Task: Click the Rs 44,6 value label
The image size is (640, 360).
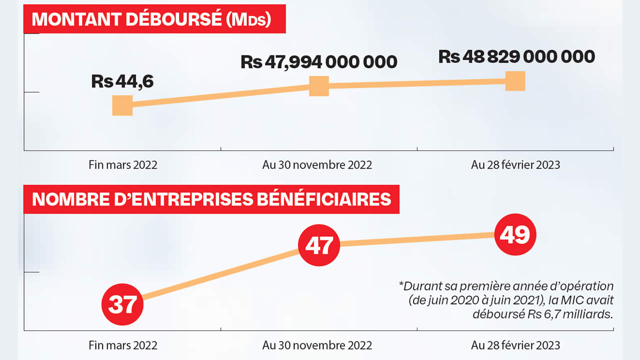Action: tap(122, 81)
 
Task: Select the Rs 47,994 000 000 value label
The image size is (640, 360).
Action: tap(318, 62)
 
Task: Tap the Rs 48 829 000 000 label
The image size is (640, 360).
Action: tap(516, 56)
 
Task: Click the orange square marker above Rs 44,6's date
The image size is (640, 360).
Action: tap(122, 105)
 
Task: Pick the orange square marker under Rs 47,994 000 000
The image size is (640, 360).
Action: tap(319, 86)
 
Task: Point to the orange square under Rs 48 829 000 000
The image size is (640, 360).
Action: tap(515, 81)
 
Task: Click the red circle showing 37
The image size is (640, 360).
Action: tap(122, 304)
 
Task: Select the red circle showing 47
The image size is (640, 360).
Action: tap(319, 245)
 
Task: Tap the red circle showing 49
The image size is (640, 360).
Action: tap(515, 234)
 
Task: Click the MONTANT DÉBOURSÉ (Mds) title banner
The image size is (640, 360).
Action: tap(154, 19)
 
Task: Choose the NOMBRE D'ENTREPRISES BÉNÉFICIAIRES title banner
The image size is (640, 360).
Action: tap(211, 199)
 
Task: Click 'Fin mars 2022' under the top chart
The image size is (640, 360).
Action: tap(123, 165)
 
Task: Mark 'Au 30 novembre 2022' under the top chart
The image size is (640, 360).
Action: tap(317, 165)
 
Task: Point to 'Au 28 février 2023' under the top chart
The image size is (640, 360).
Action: tap(515, 165)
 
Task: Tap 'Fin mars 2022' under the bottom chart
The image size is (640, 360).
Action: tap(123, 345)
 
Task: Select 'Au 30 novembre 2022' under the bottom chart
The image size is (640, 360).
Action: tap(317, 345)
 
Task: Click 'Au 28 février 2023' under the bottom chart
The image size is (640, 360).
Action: tap(515, 345)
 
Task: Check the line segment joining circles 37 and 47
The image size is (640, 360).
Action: tap(220, 274)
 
